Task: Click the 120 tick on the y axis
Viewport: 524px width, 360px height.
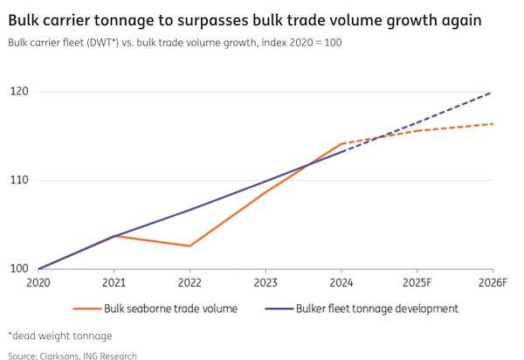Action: click(20, 92)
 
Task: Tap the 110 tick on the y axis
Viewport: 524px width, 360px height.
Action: click(20, 180)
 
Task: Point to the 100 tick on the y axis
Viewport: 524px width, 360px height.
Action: click(20, 268)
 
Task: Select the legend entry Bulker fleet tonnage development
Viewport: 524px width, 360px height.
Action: click(377, 308)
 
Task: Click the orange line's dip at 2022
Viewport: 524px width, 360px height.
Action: click(190, 246)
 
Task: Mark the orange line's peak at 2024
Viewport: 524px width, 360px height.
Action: click(341, 143)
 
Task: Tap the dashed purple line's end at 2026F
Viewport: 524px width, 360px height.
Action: click(492, 92)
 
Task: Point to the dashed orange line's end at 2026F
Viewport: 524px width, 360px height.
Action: click(492, 124)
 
